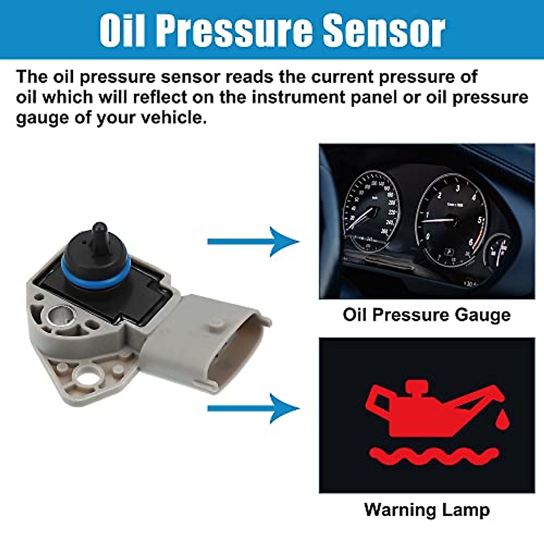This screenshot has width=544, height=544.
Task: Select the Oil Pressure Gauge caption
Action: point(426,315)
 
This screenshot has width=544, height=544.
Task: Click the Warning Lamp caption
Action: point(427,510)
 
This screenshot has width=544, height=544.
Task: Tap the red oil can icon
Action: point(426,410)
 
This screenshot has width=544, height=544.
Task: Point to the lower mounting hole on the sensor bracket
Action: point(85,375)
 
